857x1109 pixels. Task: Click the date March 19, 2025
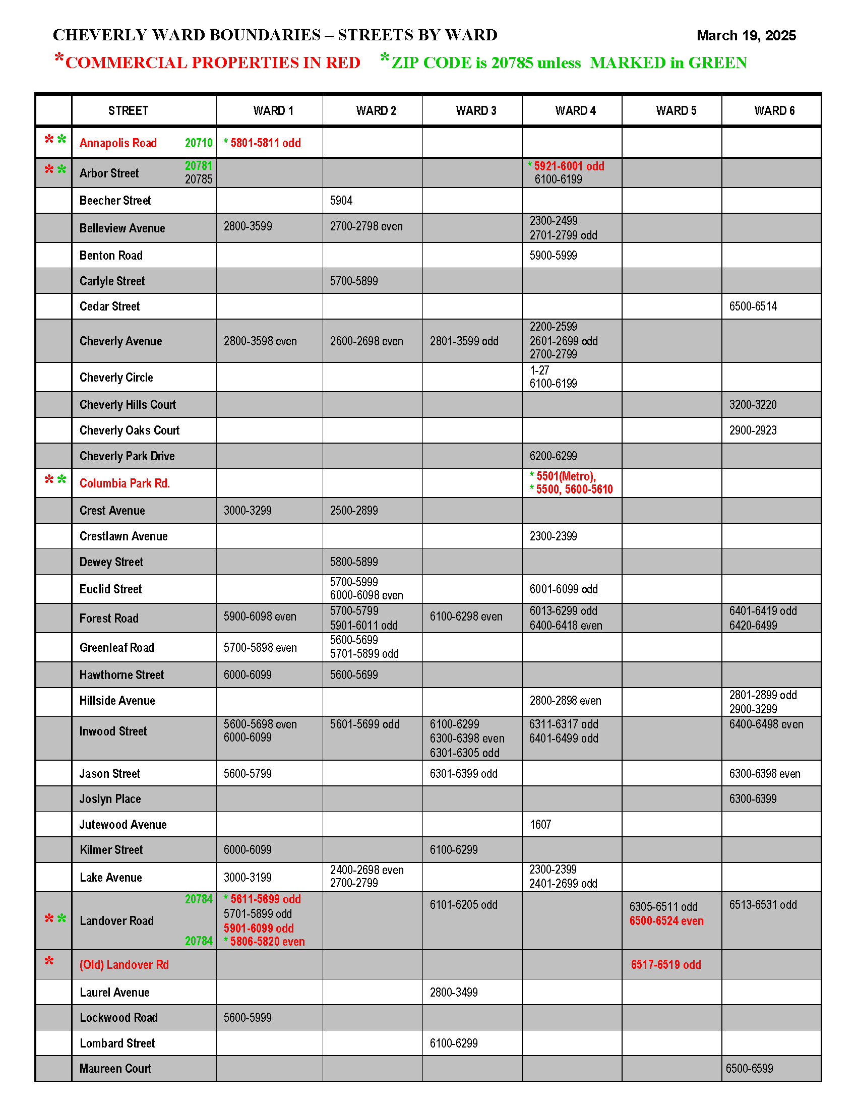pyautogui.click(x=745, y=36)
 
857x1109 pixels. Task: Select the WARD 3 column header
pyautogui.click(x=476, y=111)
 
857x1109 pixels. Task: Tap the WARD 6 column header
pyautogui.click(x=774, y=111)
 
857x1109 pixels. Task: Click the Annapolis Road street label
pyautogui.click(x=118, y=143)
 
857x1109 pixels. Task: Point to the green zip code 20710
pyautogui.click(x=199, y=143)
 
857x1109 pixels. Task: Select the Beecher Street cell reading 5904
pyautogui.click(x=341, y=201)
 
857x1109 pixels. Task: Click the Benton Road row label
pyautogui.click(x=111, y=256)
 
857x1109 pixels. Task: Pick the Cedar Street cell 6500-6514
pyautogui.click(x=753, y=306)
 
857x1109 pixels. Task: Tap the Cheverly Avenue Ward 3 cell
pyautogui.click(x=464, y=341)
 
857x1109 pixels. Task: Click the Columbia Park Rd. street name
pyautogui.click(x=125, y=483)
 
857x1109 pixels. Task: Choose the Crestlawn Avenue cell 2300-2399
pyautogui.click(x=554, y=537)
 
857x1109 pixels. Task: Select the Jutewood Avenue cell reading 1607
pyautogui.click(x=540, y=825)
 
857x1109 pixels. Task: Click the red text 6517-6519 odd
pyautogui.click(x=665, y=965)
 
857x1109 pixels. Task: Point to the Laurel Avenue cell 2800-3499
pyautogui.click(x=454, y=993)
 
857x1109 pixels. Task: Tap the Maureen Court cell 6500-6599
pyautogui.click(x=749, y=1068)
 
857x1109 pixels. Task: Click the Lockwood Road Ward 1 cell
pyautogui.click(x=248, y=1018)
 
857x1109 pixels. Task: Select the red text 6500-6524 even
pyautogui.click(x=666, y=921)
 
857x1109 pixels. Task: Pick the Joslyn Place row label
pyautogui.click(x=110, y=799)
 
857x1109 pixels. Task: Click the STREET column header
pyautogui.click(x=128, y=111)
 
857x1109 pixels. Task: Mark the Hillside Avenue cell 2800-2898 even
pyautogui.click(x=565, y=701)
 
